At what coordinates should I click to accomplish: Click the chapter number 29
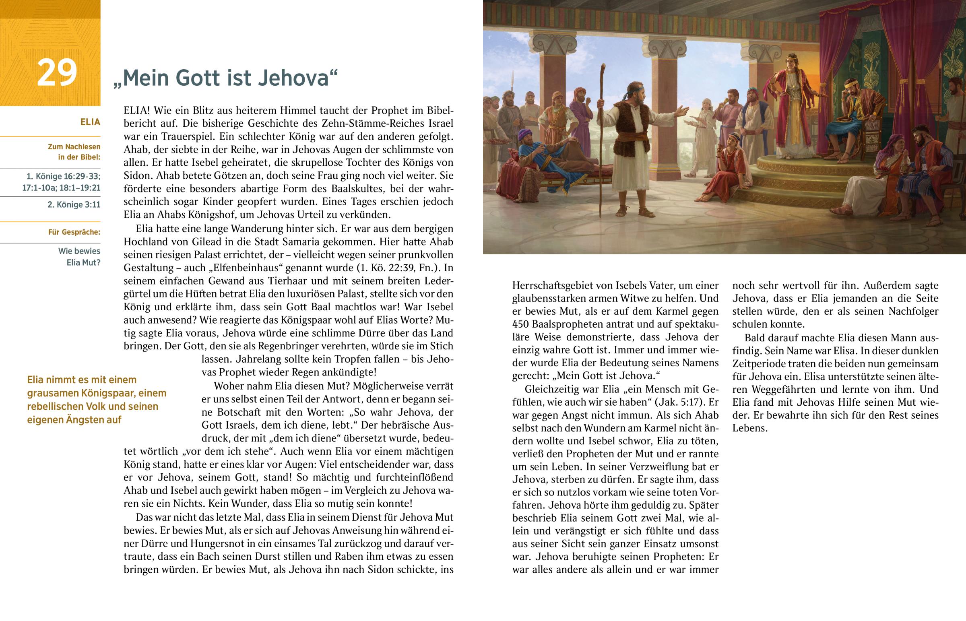[57, 72]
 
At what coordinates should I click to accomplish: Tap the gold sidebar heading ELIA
[90, 122]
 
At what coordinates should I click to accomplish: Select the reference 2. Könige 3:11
[74, 204]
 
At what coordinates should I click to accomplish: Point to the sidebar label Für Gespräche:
[74, 232]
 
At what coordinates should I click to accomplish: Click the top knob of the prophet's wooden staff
[603, 66]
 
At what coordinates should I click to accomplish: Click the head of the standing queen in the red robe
[792, 61]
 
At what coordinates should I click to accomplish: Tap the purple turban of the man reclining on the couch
[524, 134]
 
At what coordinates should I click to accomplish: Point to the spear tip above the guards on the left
[513, 76]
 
